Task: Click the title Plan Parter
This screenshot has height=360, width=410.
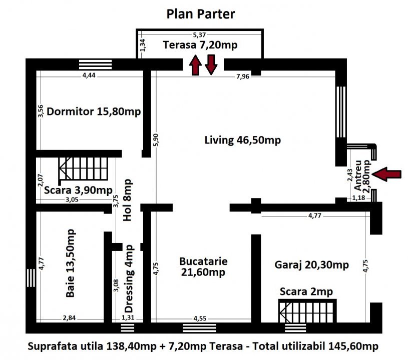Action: (201, 14)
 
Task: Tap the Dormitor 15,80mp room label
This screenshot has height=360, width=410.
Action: (94, 111)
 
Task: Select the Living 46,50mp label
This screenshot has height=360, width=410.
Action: (243, 140)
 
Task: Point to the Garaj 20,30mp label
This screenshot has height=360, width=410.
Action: (312, 265)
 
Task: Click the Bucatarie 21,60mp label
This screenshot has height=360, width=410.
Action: (203, 266)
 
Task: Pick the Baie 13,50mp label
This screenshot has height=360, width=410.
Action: (71, 263)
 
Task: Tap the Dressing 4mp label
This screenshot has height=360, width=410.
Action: (129, 279)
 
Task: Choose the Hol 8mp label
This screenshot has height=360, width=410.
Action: (127, 200)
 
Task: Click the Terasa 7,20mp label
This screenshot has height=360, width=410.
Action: (200, 45)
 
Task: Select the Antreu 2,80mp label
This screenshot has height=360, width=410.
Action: (362, 175)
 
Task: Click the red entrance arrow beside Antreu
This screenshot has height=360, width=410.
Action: (386, 174)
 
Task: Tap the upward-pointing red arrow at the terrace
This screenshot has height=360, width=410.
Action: (195, 65)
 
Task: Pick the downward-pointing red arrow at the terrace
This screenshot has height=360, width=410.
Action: (211, 65)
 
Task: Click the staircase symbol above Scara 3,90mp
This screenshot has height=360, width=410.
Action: (84, 168)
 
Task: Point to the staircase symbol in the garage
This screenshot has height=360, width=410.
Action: (307, 311)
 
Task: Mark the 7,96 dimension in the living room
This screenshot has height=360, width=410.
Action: (243, 76)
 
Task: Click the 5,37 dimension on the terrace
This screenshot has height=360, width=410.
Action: (199, 34)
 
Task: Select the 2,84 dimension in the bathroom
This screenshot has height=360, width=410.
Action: (69, 318)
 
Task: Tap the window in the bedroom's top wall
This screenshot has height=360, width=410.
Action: (96, 64)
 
